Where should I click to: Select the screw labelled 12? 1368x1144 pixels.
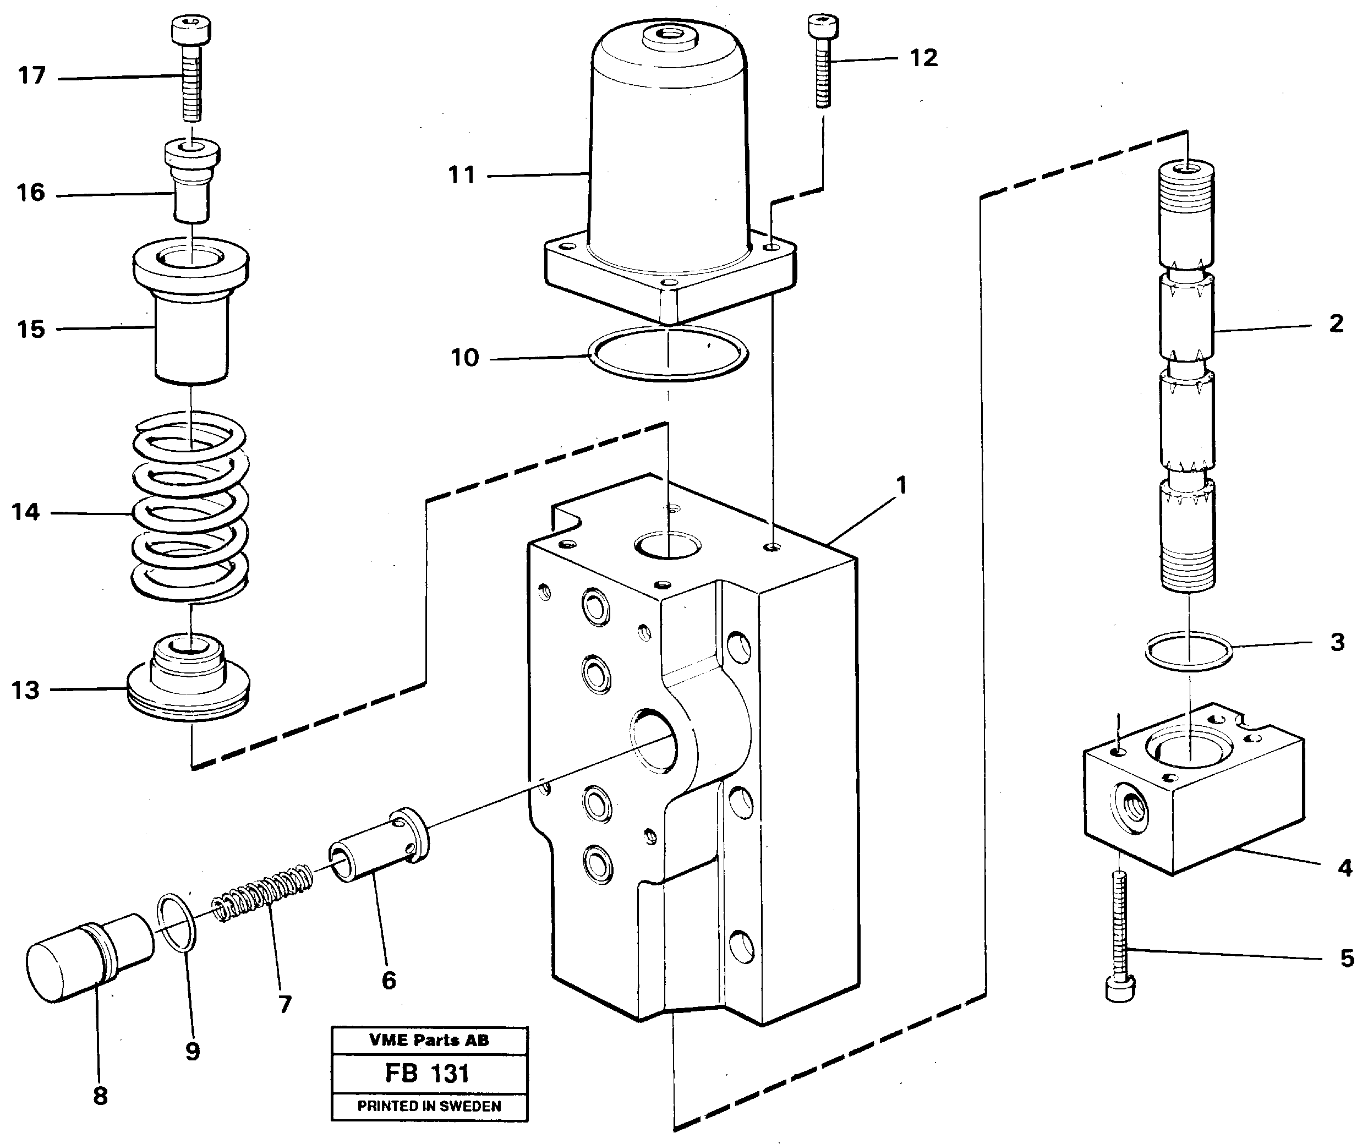pos(823,65)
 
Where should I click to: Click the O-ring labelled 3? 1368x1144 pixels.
pos(1189,650)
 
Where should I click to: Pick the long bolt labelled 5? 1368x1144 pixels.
pos(1120,938)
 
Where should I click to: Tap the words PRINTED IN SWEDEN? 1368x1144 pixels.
pos(429,1106)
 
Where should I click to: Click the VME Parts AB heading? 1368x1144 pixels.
pos(429,1041)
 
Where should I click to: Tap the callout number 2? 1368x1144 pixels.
pos(1336,324)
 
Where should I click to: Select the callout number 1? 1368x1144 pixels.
pos(901,485)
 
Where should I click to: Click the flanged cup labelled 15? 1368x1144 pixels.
pos(191,313)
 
